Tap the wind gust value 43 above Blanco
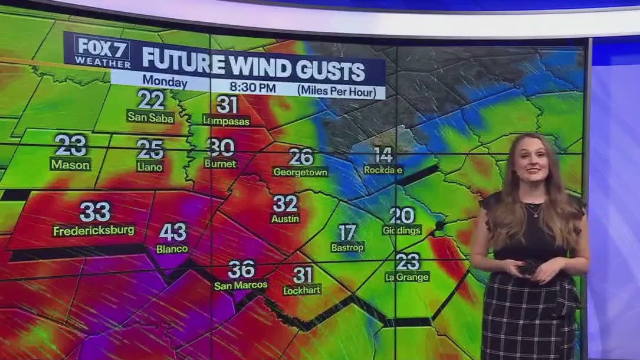click(x=172, y=232)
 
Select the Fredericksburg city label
click(x=94, y=230)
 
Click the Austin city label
click(x=285, y=218)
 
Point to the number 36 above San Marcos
click(x=241, y=269)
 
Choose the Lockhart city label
click(x=302, y=290)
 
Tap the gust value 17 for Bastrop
click(x=347, y=232)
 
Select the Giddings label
click(x=402, y=230)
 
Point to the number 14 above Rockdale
click(x=383, y=155)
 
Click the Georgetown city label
click(x=301, y=172)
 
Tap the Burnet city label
click(x=221, y=163)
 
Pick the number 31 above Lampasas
click(x=227, y=104)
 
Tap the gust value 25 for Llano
click(x=150, y=149)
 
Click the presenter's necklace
click(x=533, y=210)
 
